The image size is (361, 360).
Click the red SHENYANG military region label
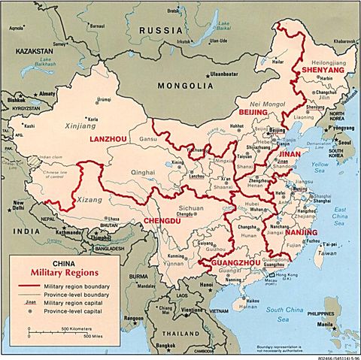(323, 70)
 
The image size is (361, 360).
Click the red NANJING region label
(301, 232)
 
